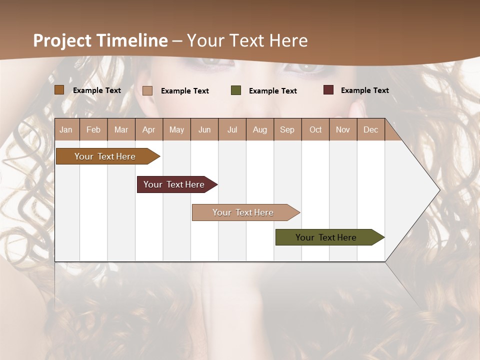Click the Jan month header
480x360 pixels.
point(66,129)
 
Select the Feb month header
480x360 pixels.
point(93,129)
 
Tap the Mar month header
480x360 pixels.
point(121,129)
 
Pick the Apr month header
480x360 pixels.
point(149,129)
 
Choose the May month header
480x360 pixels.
point(176,129)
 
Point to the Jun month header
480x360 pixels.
point(204,129)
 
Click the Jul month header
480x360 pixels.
point(232,129)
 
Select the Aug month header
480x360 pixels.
point(260,129)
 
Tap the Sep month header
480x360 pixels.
point(287,129)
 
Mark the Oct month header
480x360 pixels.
point(315,129)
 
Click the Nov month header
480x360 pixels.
point(343,129)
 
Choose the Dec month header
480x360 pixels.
point(370,129)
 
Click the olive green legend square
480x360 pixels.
point(236,90)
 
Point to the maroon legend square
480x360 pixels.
point(328,90)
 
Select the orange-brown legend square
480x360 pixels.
point(59,90)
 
